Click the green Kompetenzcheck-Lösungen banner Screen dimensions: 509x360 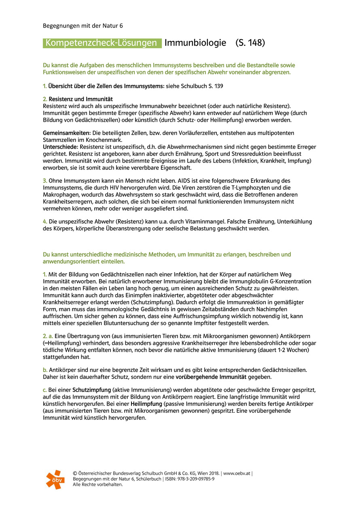pos(102,43)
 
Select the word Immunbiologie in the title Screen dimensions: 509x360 pos(195,43)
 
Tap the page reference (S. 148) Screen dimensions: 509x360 pos(250,43)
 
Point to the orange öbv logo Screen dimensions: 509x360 pos(55,479)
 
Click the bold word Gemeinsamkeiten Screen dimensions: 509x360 pos(66,133)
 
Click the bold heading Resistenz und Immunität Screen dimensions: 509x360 pos(80,99)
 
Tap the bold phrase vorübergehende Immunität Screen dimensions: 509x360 pos(211,377)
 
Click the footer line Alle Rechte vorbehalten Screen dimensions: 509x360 pos(98,484)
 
